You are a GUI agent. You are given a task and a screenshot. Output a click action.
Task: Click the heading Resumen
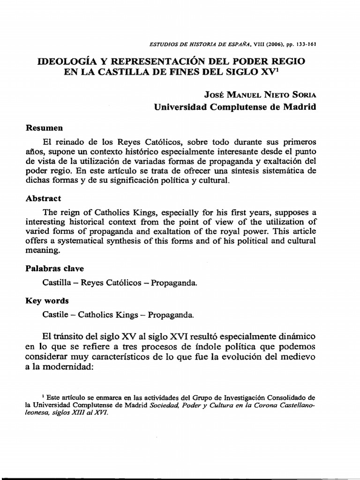click(x=44, y=127)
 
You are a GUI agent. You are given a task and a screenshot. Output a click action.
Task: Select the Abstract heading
click(x=43, y=198)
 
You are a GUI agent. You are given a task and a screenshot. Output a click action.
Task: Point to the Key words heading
click(x=47, y=300)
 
